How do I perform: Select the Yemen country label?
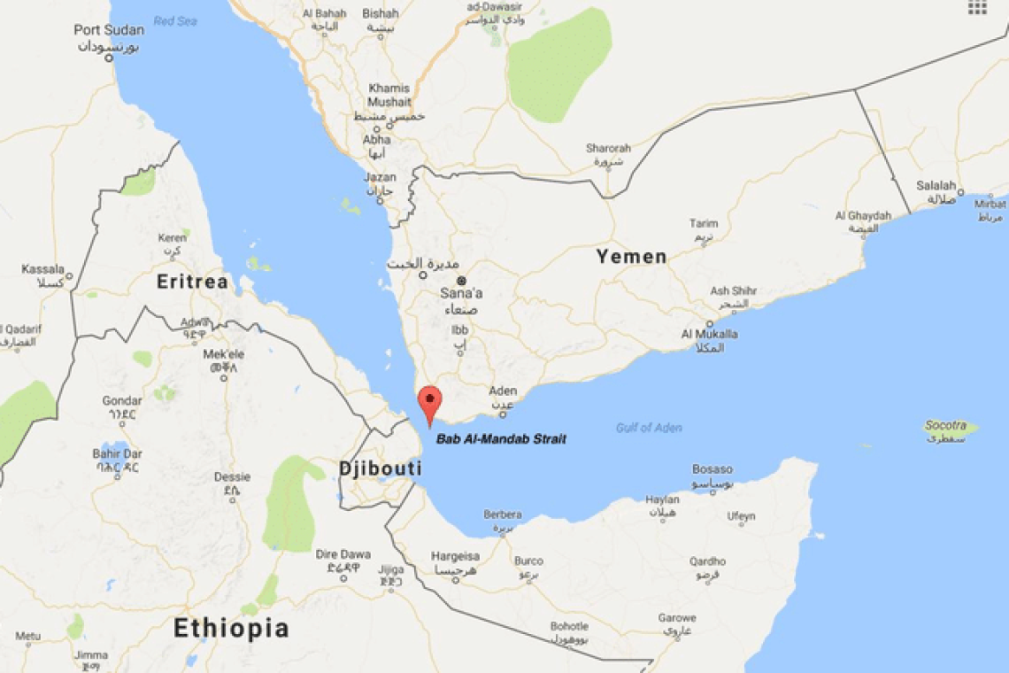[631, 257]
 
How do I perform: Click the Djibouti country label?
[381, 468]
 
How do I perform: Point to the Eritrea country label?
[192, 282]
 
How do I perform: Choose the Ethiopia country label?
[231, 629]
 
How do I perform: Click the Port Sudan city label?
[109, 30]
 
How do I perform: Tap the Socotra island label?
[945, 426]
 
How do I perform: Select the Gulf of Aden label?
[649, 428]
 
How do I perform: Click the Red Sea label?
[174, 20]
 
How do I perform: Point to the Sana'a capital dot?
[461, 281]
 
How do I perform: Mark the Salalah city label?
[936, 186]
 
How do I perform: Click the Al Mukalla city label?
[709, 334]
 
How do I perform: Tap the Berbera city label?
[503, 514]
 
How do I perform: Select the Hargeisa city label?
[455, 556]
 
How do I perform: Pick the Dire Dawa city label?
[343, 554]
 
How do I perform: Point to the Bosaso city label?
[712, 469]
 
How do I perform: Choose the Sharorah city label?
[608, 148]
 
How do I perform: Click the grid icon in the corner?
[977, 7]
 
